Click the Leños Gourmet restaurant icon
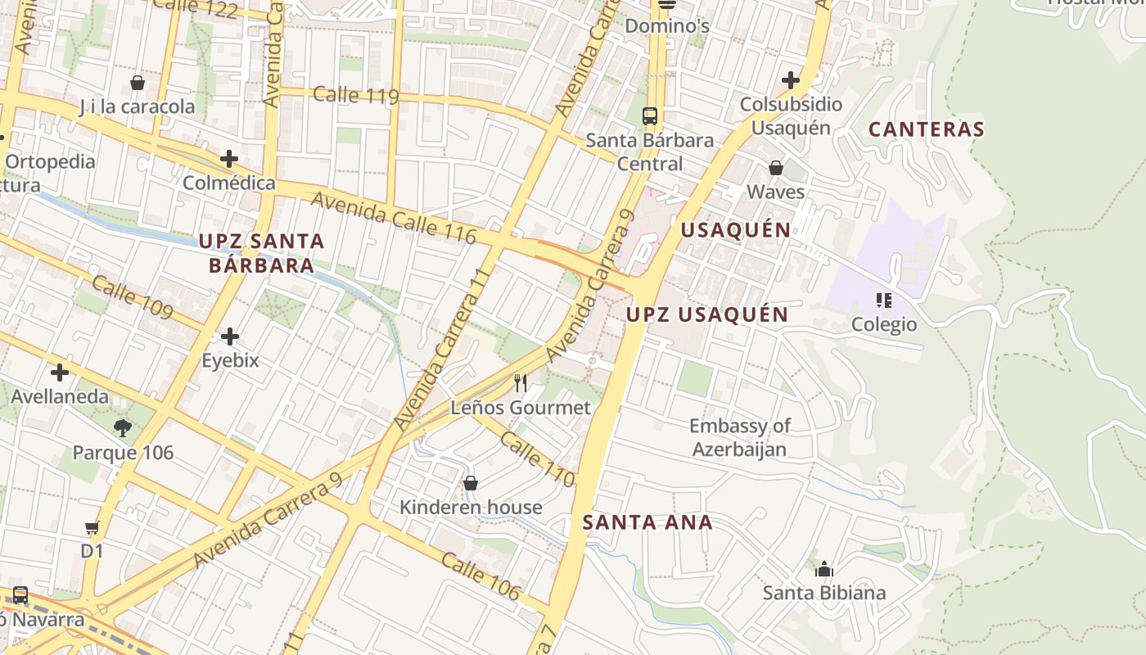tap(520, 382)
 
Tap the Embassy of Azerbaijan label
tap(739, 437)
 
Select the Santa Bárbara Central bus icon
tap(650, 116)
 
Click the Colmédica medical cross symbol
tap(229, 158)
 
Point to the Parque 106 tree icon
tap(123, 427)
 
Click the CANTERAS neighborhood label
tap(926, 129)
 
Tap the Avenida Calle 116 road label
tap(393, 216)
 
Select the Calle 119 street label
tap(355, 95)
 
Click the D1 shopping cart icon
tap(92, 528)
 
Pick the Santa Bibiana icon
tap(824, 568)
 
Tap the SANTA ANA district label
tap(647, 522)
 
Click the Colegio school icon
tap(883, 300)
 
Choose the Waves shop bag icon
tap(775, 168)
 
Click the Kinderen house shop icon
tap(470, 483)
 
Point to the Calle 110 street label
tap(537, 459)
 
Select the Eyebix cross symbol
tap(230, 336)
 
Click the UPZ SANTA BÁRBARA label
tap(262, 253)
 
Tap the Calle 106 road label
tap(480, 576)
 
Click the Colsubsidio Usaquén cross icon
tap(790, 80)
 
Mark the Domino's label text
tap(666, 26)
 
